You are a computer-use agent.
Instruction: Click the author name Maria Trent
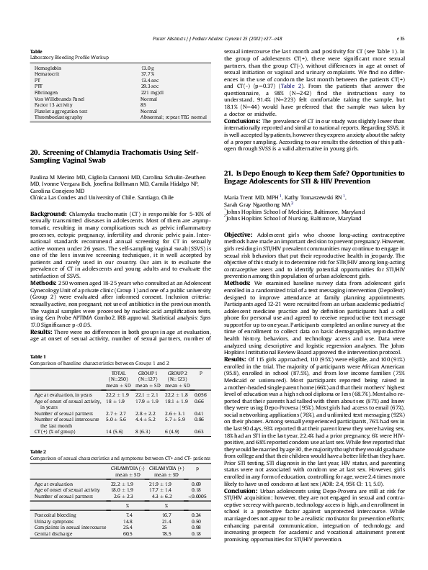(241, 196)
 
